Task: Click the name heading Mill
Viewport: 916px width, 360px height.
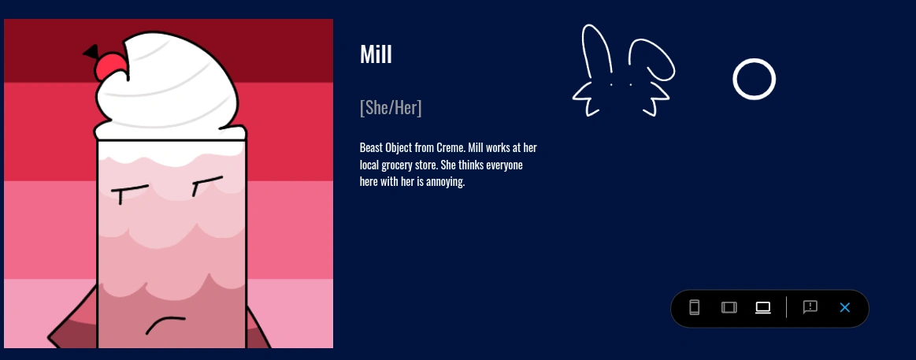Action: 376,54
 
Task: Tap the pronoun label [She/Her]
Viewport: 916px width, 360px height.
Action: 391,108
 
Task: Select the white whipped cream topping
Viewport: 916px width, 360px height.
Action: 169,87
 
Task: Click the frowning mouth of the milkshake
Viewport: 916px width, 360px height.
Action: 165,324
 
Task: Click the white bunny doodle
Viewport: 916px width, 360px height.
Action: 623,71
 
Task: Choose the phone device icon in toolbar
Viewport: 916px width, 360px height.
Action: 694,307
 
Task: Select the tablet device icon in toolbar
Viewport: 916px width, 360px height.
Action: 729,307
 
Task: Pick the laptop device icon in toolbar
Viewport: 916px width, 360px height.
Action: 763,307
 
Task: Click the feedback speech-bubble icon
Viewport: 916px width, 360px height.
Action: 810,307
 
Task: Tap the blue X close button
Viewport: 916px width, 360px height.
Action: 845,307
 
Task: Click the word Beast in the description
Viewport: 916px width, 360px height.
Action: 372,148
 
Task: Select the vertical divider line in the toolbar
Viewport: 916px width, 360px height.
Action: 786,307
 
